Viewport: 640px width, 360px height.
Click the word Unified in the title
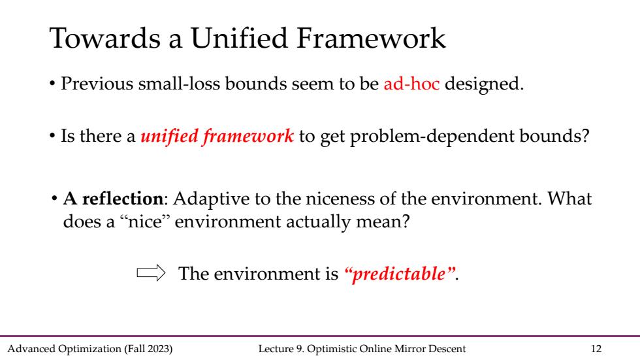240,38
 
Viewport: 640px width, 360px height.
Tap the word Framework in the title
371,38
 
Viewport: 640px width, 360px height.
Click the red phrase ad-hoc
411,84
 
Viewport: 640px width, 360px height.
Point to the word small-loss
179,84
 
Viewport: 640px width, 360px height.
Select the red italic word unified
169,136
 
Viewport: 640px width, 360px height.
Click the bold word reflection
123,199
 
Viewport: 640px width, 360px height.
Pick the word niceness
340,199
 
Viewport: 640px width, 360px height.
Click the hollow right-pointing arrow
151,272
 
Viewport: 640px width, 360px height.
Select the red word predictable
399,274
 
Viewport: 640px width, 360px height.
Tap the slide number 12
596,349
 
